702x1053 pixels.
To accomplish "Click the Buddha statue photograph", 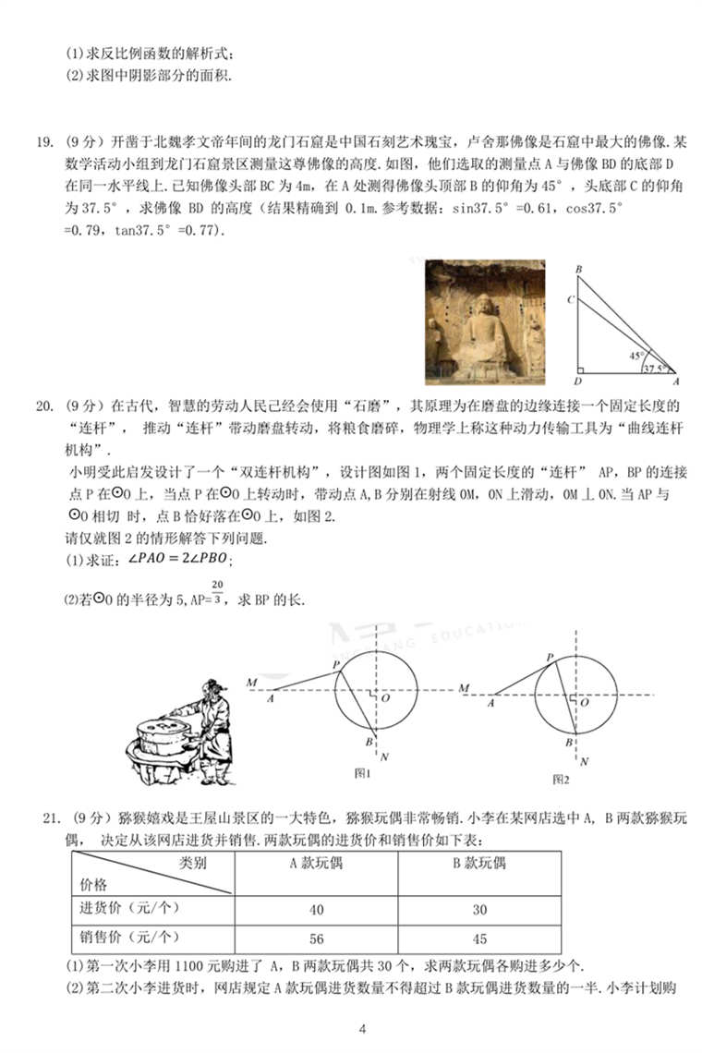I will (x=485, y=321).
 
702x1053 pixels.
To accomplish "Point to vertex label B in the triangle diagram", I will (x=578, y=270).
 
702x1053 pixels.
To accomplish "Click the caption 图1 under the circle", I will (x=363, y=772).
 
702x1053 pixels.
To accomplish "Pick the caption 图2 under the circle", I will (x=561, y=780).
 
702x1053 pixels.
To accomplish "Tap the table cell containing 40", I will (x=316, y=910).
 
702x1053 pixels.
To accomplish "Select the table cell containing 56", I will (x=316, y=938).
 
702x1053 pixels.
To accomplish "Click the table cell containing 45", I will (x=479, y=938).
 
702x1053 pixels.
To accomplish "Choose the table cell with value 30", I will (x=479, y=910).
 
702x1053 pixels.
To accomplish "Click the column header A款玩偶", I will (x=316, y=864).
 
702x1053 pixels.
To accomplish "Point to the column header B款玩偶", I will (x=479, y=864).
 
